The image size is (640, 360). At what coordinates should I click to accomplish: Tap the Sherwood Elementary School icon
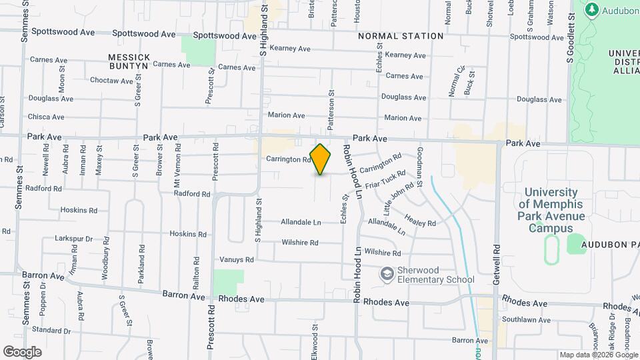click(386, 273)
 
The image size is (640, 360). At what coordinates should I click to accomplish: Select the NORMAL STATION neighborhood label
click(401, 36)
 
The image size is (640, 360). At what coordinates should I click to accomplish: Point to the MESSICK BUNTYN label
click(129, 62)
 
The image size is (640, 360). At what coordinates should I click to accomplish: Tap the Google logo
click(22, 351)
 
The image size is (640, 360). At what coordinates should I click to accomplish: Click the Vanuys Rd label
click(237, 259)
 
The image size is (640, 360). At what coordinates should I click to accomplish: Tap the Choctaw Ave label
click(111, 81)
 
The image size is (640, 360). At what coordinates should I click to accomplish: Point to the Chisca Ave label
click(46, 117)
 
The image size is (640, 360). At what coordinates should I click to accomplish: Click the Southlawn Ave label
click(524, 319)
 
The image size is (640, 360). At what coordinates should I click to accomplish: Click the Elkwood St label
click(314, 341)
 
